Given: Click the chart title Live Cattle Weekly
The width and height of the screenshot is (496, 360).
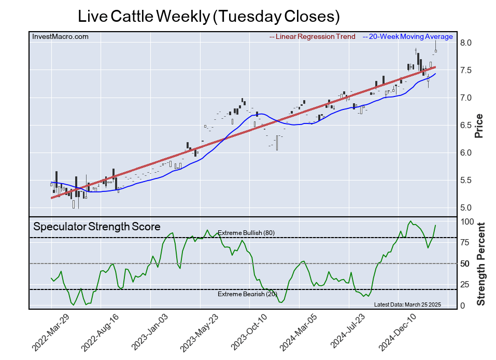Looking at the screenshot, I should pos(208,16).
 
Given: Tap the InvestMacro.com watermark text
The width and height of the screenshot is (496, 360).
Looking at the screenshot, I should pos(60,36).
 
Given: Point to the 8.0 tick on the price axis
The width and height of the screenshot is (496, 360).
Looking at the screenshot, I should pos(465,43).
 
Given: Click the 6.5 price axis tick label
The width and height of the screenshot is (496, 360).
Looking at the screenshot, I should pos(465,126).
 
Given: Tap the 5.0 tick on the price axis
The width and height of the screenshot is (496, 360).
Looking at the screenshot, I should pos(465,208).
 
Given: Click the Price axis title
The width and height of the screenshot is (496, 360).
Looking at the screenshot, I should pos(479,126).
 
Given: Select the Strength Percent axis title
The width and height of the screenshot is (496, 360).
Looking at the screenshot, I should pos(481,264).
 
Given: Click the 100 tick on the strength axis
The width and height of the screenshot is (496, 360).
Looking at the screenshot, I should pos(468,221).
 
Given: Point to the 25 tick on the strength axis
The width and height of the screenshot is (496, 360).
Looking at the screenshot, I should pos(466,284).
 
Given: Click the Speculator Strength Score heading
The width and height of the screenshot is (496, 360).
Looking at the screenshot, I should pos(97,227).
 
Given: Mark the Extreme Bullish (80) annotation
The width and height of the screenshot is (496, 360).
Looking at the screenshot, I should pos(246,233).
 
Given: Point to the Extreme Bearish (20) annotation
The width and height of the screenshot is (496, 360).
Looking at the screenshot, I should pos(246,294).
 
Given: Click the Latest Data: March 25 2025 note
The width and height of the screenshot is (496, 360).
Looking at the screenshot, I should pos(407,304).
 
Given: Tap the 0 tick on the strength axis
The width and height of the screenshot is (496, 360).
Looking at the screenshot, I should pos(463,306).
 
